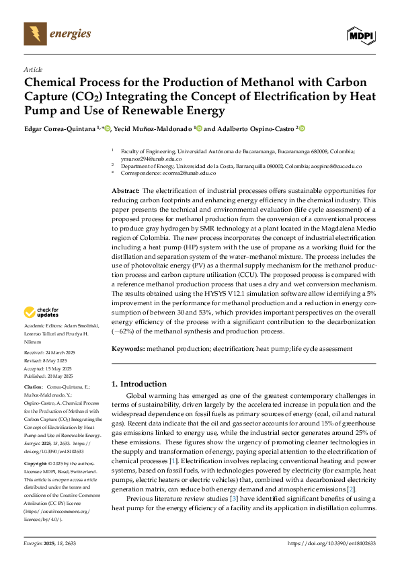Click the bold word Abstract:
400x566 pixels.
(x=126, y=191)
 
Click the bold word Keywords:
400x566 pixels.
(x=128, y=349)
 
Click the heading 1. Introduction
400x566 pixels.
(x=140, y=384)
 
